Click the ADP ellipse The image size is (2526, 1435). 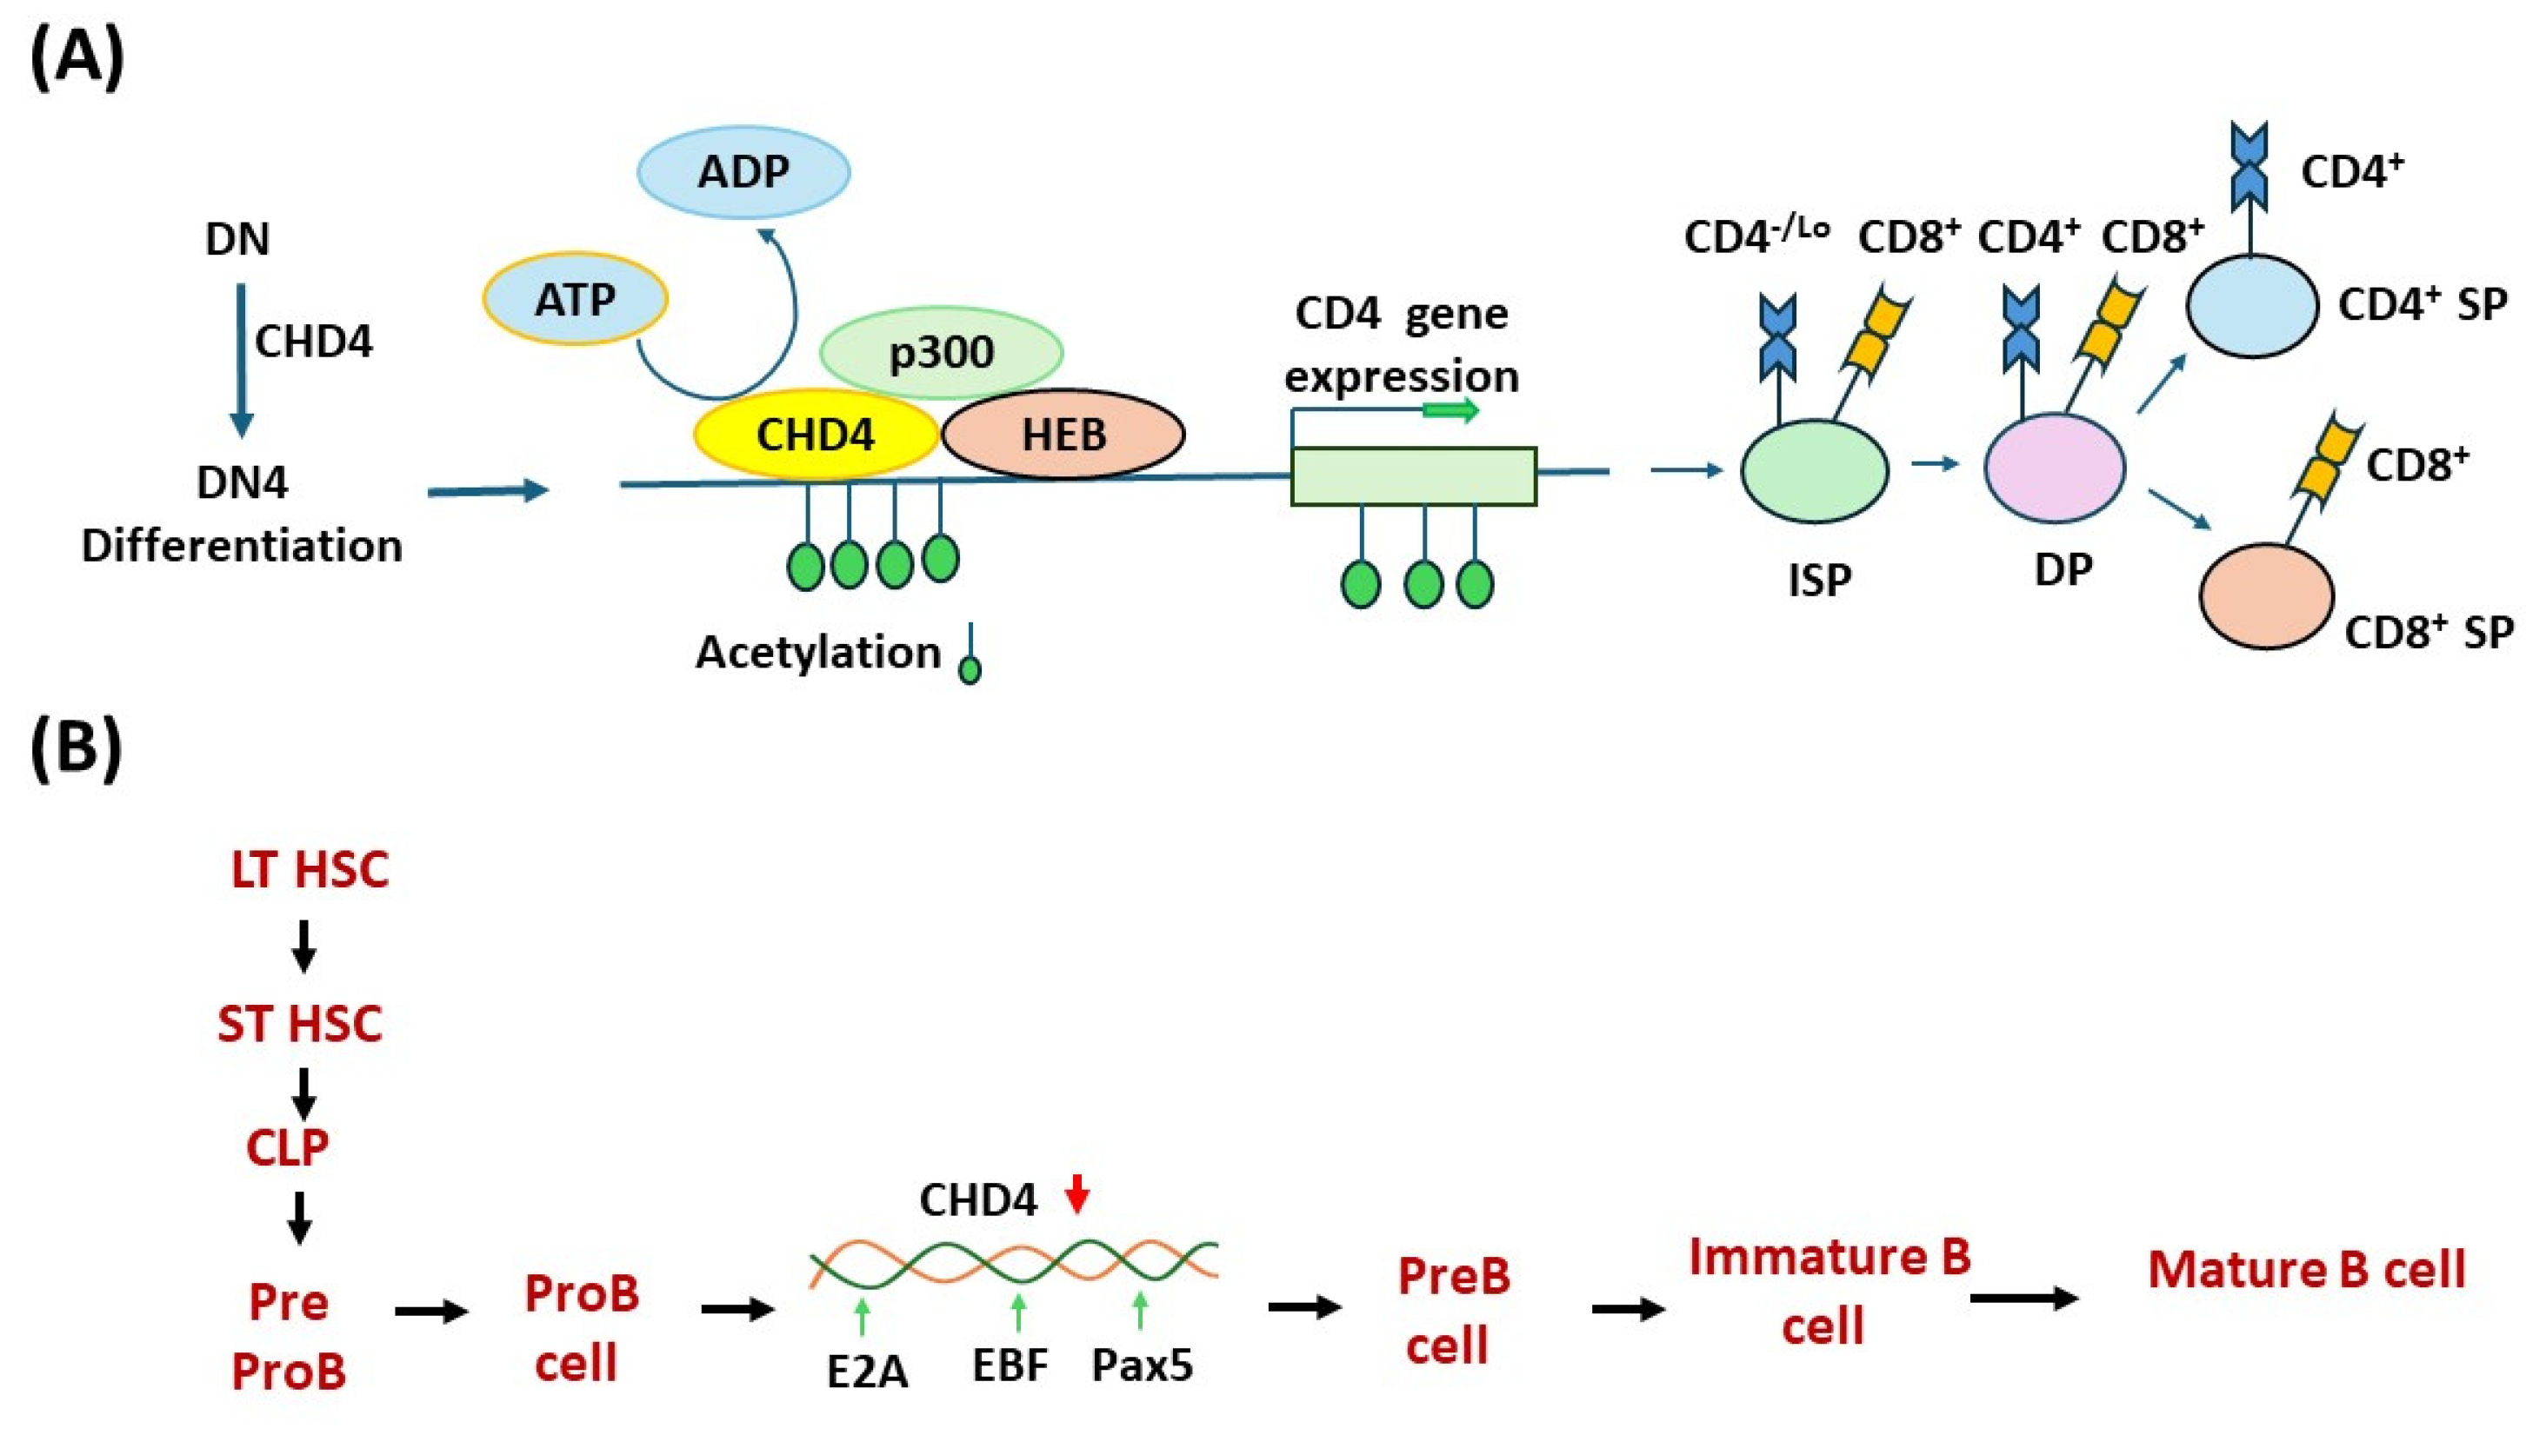[743, 171]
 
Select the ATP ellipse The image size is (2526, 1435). [575, 300]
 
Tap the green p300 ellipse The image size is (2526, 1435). [941, 353]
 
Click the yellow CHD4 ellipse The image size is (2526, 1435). [816, 435]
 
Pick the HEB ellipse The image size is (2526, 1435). [1063, 435]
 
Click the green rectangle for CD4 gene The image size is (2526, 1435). [1413, 476]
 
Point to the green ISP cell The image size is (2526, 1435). [1814, 470]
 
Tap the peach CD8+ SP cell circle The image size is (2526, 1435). [2266, 595]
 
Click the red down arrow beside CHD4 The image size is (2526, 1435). [1077, 1193]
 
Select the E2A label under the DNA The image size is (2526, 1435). [867, 1371]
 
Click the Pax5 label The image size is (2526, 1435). [1142, 1365]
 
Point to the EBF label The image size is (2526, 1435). [1010, 1365]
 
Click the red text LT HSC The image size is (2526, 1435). [310, 869]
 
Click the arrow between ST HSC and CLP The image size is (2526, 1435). [303, 1092]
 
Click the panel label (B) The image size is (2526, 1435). [76, 749]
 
